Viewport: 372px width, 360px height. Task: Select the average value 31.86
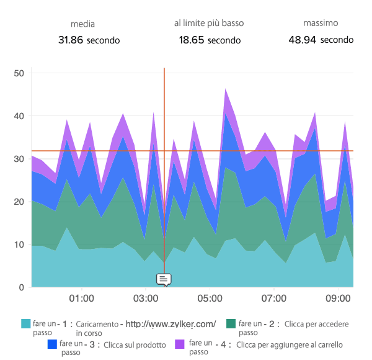tap(71, 40)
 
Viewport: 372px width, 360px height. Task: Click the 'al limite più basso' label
tap(209, 23)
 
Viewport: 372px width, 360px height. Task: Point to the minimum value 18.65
tap(192, 40)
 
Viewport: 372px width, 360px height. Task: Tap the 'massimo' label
tap(321, 23)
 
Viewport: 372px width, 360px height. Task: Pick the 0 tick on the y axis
tap(20, 287)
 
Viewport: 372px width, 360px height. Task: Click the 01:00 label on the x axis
tap(82, 299)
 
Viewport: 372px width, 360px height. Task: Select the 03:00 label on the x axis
tap(146, 299)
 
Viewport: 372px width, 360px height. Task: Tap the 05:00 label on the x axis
tap(210, 299)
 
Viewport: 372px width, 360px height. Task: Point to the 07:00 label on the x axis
tap(274, 299)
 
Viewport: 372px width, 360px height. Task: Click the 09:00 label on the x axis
tap(339, 299)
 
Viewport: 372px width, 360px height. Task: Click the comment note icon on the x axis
tap(164, 280)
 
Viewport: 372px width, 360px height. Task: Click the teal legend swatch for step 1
tap(25, 324)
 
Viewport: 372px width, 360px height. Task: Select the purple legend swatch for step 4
tap(180, 344)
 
